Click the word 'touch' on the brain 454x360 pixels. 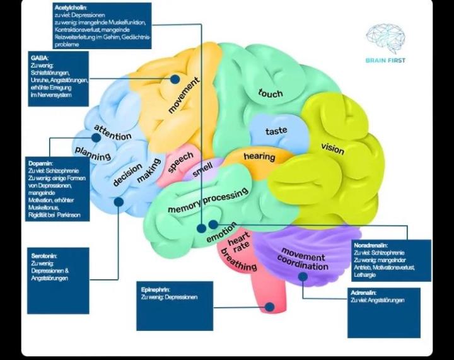click(x=271, y=93)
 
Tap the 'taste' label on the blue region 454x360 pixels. click(x=276, y=131)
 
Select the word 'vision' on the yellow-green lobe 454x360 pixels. click(x=332, y=148)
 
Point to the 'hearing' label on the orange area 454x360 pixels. click(x=259, y=156)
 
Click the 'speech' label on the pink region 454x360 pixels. click(x=180, y=163)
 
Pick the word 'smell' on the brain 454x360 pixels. click(x=203, y=170)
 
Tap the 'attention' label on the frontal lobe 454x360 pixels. click(x=113, y=133)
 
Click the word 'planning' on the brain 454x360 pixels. click(x=93, y=153)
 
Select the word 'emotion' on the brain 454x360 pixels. click(x=222, y=233)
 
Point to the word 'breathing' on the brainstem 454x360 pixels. click(x=238, y=262)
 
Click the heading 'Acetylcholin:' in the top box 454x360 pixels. click(x=70, y=7)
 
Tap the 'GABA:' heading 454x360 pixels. click(x=40, y=58)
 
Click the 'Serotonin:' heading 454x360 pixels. click(x=44, y=256)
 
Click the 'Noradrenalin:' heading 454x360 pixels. click(x=371, y=245)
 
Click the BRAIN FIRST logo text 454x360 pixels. click(x=385, y=61)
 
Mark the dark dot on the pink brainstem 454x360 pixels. click(x=270, y=307)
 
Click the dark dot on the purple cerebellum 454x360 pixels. click(x=303, y=276)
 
